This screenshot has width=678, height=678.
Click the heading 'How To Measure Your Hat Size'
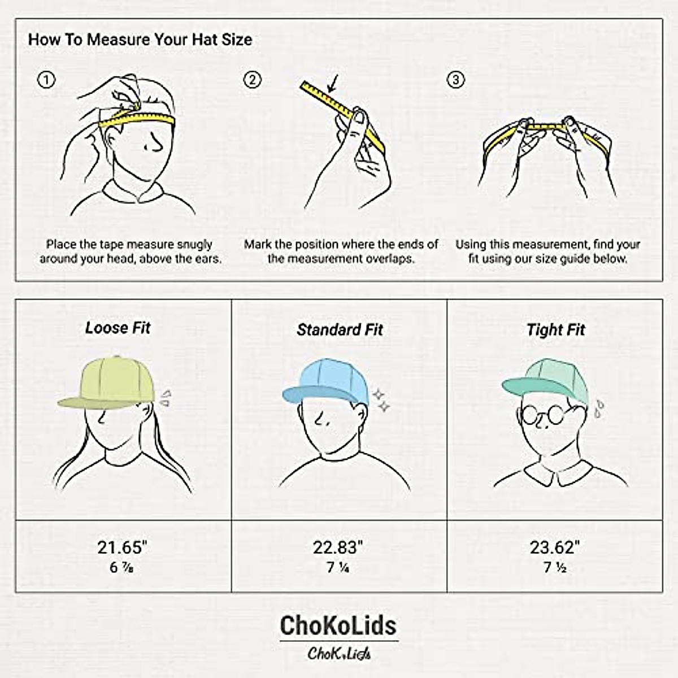(140, 40)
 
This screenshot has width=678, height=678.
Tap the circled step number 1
(46, 80)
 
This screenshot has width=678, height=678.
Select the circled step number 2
(252, 80)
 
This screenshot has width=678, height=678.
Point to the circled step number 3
(455, 80)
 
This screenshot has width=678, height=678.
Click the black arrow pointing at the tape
(332, 85)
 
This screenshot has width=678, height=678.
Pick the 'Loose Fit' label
(118, 328)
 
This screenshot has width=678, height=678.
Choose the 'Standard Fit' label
(340, 329)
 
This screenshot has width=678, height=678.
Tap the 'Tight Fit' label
(555, 329)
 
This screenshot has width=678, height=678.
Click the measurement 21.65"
(122, 547)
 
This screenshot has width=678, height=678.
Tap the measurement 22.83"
(338, 547)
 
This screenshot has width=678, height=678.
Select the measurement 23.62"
(555, 547)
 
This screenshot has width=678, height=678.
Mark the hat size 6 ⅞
(121, 567)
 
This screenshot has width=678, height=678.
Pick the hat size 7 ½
(555, 567)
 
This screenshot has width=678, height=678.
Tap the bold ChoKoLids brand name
(338, 625)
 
